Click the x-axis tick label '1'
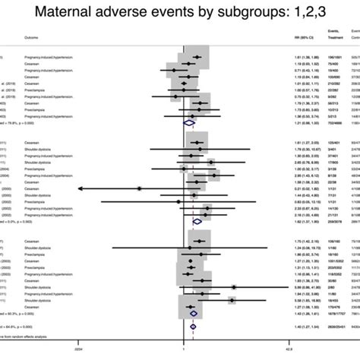tap(185, 351)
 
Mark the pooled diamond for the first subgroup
tap(190, 122)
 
